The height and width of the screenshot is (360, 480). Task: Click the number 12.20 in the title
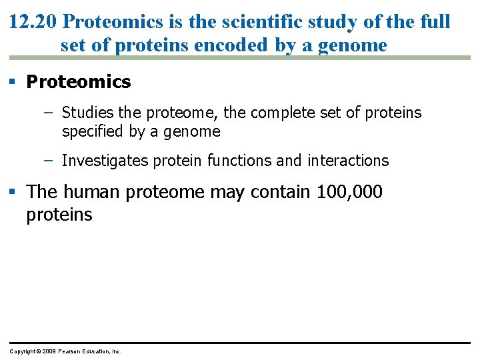click(x=33, y=21)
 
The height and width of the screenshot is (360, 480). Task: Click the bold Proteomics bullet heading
click(x=79, y=82)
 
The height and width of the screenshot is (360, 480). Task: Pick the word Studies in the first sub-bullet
click(x=88, y=113)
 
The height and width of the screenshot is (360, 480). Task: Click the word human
click(x=93, y=192)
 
